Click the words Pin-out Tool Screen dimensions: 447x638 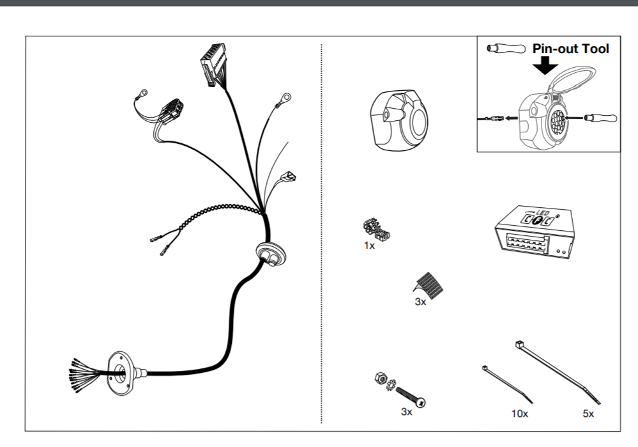pos(570,48)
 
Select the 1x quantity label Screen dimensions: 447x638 pos(369,246)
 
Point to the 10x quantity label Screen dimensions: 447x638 pos(520,414)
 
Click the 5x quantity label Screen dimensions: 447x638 pos(588,414)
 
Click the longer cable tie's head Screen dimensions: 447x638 pos(519,345)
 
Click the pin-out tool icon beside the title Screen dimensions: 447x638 pos(505,48)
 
